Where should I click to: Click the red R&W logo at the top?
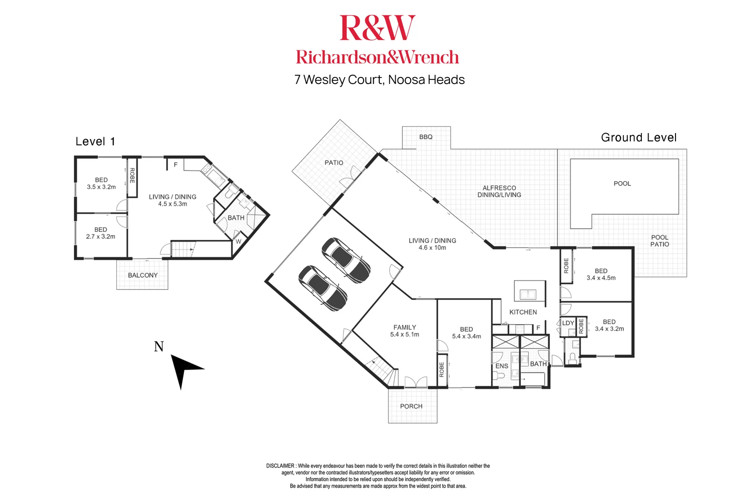click(377, 28)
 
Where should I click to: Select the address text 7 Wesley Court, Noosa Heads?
click(379, 80)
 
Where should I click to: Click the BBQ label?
click(426, 137)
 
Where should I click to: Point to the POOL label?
click(622, 183)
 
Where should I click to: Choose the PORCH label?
click(411, 406)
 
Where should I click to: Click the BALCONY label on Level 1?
click(142, 275)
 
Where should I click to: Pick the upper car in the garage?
click(346, 260)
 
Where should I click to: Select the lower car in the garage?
click(322, 288)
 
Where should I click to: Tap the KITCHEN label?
click(523, 312)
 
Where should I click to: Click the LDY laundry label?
click(568, 323)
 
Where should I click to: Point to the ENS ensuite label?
click(501, 366)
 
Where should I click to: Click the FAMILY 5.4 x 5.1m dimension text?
click(405, 335)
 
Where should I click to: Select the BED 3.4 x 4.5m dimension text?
click(601, 278)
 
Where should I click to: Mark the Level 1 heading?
click(95, 141)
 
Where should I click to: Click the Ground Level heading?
click(638, 138)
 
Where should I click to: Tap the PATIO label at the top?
click(334, 163)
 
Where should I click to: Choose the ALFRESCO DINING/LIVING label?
click(499, 191)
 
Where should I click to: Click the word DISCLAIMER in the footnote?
click(280, 466)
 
